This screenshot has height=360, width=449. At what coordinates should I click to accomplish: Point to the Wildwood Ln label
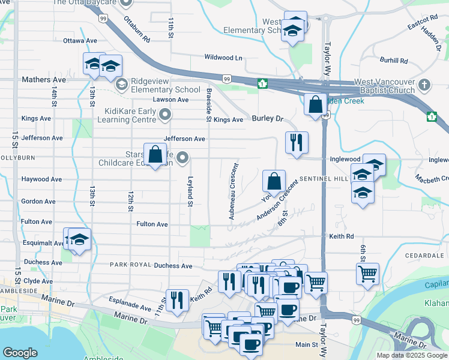(x=223, y=58)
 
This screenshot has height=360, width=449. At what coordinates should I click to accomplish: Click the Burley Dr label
(x=267, y=119)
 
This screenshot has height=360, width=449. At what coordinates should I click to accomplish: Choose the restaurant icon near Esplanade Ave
(x=176, y=300)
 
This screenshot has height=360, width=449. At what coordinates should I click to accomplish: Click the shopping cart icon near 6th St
(x=367, y=274)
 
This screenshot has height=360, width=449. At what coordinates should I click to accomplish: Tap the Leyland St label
(x=190, y=191)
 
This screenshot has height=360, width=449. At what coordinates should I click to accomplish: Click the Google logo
(x=20, y=353)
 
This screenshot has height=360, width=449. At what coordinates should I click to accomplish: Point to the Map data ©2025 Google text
(x=411, y=355)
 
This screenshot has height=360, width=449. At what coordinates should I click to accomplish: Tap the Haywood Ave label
(x=41, y=179)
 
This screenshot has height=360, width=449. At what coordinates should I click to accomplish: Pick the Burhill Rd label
(x=394, y=61)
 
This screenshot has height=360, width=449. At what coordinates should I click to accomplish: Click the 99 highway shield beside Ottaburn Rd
(x=104, y=20)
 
